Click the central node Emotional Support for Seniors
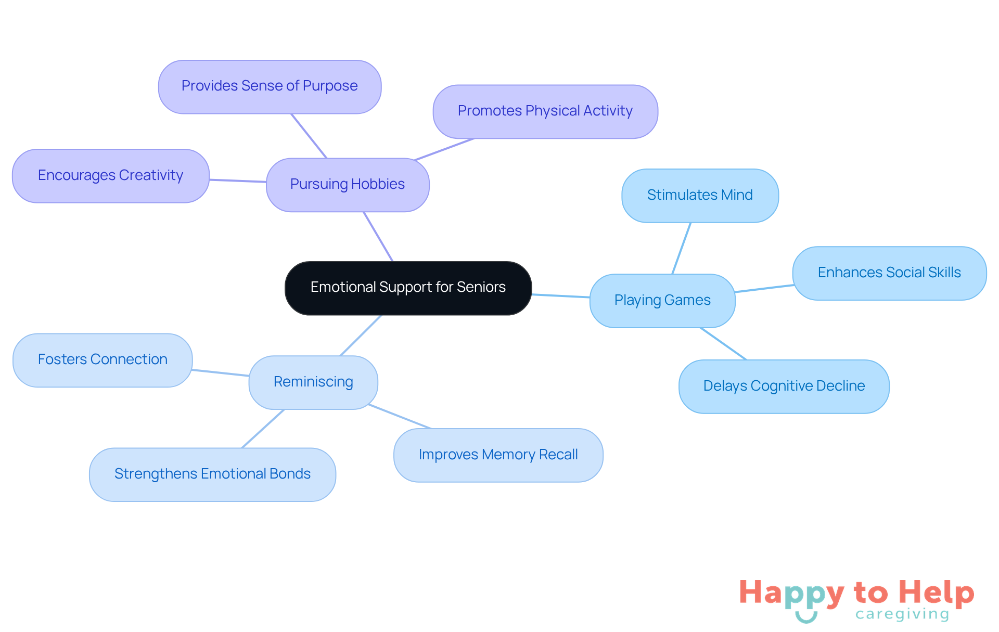(x=408, y=288)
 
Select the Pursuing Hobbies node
(x=348, y=185)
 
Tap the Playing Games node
(x=662, y=301)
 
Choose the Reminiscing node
(x=313, y=382)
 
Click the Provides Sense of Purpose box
(x=270, y=86)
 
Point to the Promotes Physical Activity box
(x=545, y=111)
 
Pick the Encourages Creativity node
(x=110, y=176)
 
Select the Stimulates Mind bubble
(x=700, y=196)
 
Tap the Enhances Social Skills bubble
(x=889, y=273)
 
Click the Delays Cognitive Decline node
(x=784, y=386)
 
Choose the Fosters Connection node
(x=103, y=360)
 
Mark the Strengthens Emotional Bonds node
(x=212, y=474)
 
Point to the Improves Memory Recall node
(x=498, y=455)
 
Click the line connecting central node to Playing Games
(x=560, y=296)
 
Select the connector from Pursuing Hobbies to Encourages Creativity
(x=238, y=180)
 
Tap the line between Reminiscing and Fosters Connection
(x=221, y=372)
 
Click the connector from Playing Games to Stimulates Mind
(x=682, y=248)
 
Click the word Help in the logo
(x=936, y=592)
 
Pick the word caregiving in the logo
(x=902, y=614)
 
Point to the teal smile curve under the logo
(x=806, y=618)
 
